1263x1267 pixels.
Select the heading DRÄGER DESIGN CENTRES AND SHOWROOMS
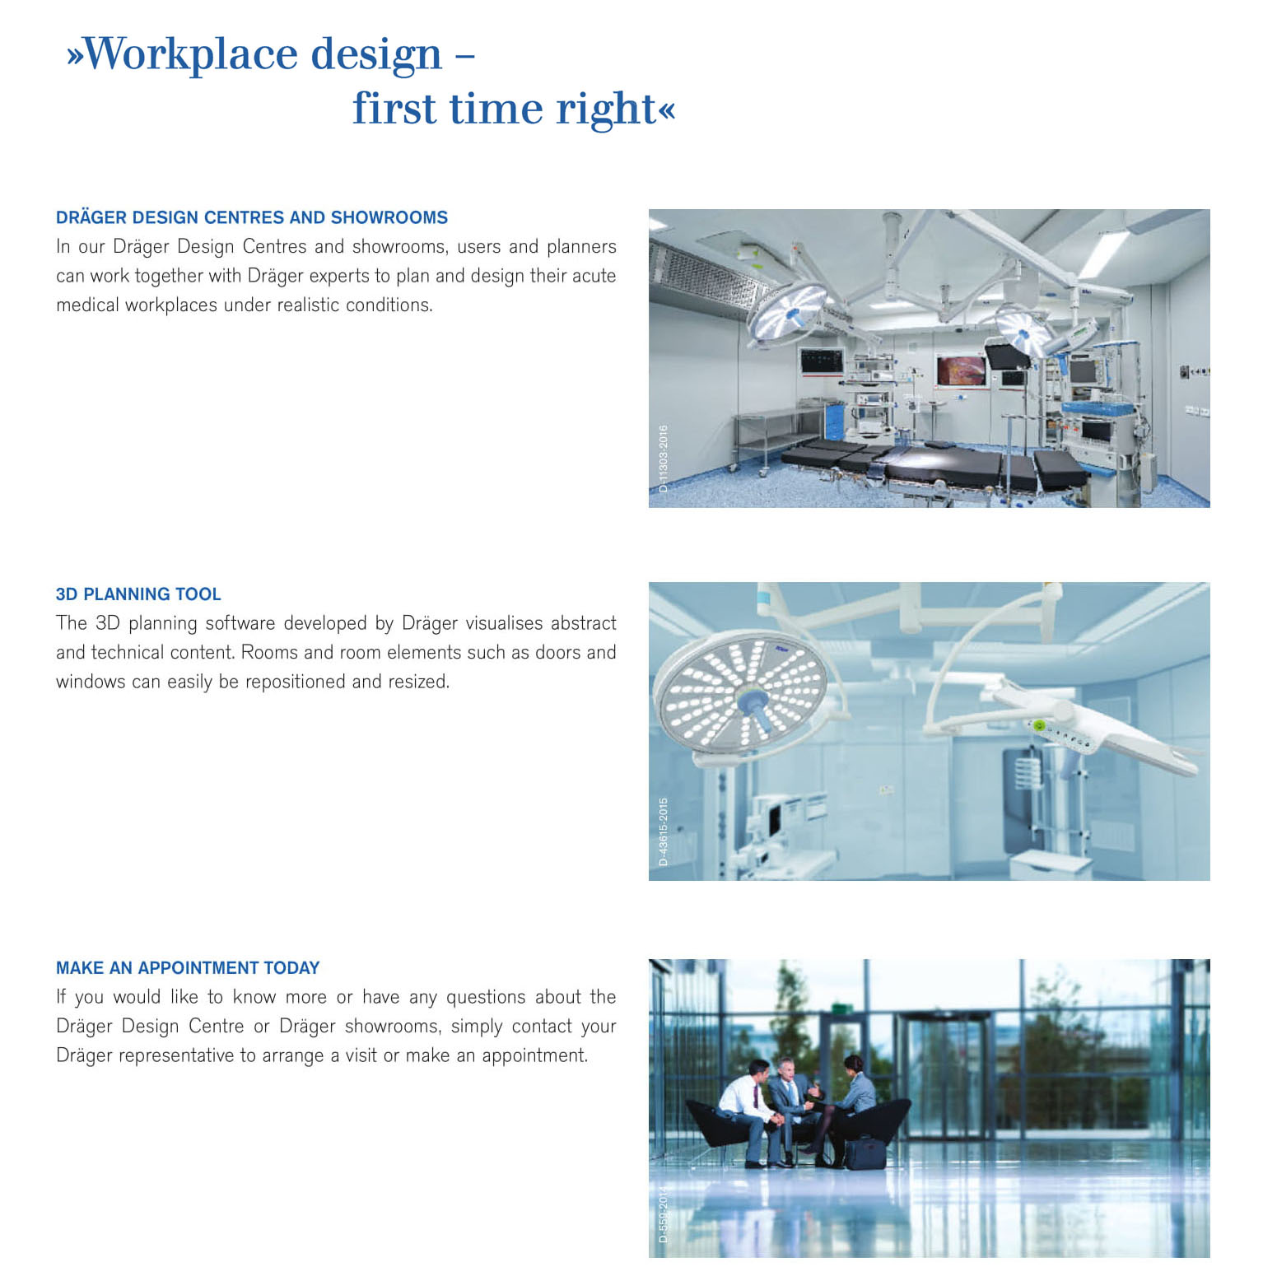[252, 217]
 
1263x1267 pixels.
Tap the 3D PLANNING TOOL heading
[138, 594]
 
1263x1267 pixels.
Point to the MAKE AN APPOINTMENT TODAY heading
[188, 967]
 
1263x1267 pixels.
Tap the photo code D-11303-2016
[664, 459]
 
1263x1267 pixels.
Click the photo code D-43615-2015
[664, 831]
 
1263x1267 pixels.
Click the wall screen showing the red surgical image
[961, 370]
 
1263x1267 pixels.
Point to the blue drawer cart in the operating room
[834, 421]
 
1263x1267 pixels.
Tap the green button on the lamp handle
[1040, 725]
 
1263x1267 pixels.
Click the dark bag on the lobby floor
[865, 1153]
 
